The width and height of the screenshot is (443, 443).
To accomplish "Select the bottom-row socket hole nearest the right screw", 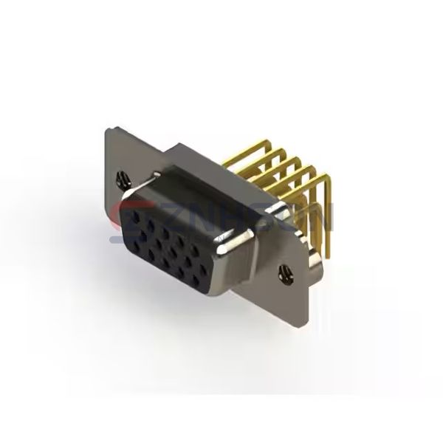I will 206,278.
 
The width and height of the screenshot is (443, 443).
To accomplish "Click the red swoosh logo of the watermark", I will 123,221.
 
